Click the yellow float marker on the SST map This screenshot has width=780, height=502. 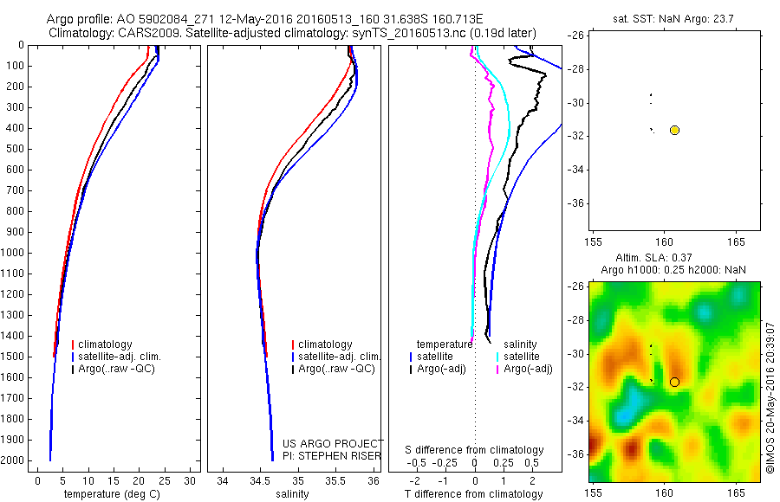point(674,130)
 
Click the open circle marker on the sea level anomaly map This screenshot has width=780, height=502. point(674,382)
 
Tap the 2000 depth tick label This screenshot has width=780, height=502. point(15,460)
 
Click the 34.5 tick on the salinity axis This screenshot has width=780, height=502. point(260,480)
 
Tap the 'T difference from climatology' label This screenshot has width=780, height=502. point(473,494)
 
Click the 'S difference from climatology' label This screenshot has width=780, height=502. point(474,450)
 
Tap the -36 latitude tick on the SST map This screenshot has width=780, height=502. point(576,203)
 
